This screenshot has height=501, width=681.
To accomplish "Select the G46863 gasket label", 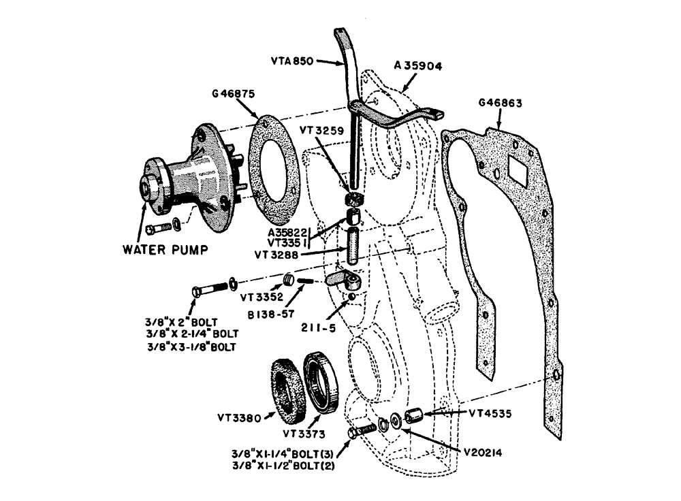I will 500,103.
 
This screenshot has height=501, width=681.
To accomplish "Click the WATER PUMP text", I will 165,248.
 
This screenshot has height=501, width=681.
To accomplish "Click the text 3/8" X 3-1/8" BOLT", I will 190,347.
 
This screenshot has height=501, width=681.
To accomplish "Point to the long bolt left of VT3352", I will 209,289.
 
